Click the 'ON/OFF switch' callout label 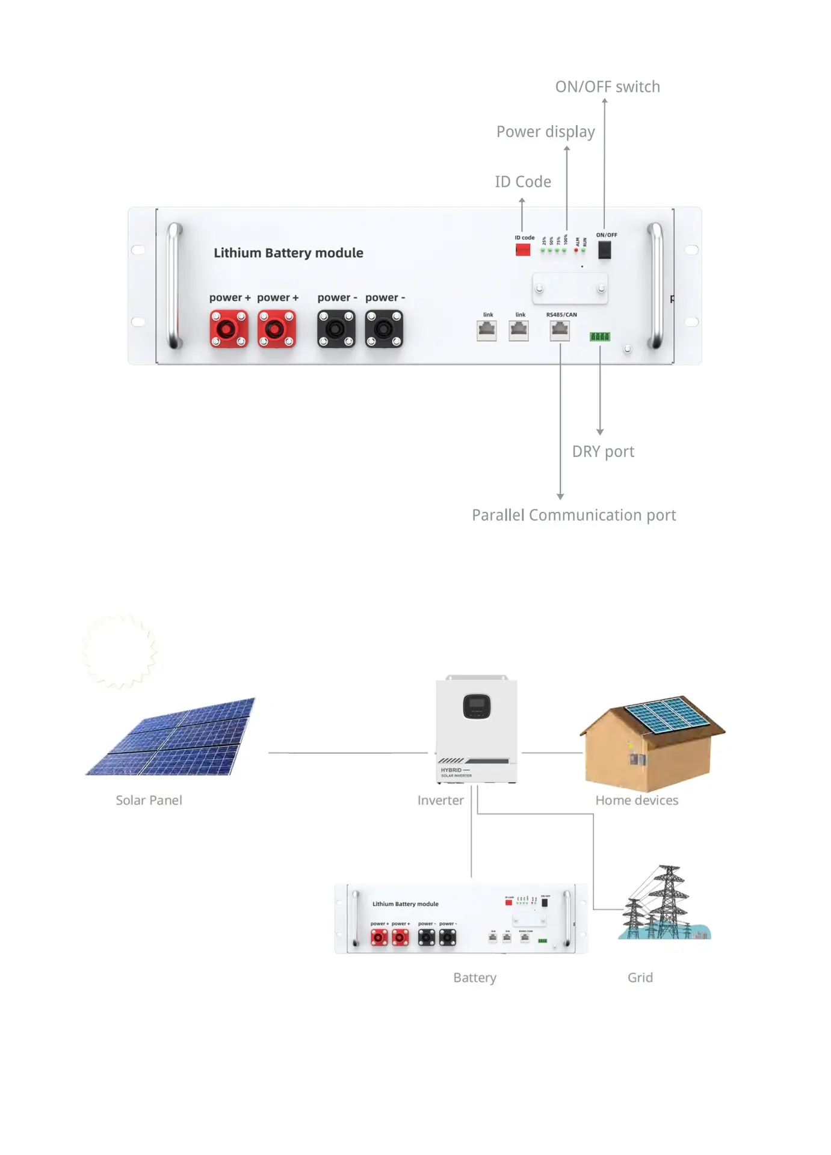(607, 87)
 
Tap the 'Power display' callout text (545, 132)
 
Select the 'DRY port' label (603, 452)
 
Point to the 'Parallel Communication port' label (573, 516)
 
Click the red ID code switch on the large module (523, 250)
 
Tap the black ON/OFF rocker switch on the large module (604, 250)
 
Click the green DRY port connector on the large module (600, 337)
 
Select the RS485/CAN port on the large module (560, 330)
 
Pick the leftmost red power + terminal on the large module (229, 329)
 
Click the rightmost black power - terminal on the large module (384, 329)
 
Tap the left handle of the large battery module (174, 286)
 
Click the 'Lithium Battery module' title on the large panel (288, 253)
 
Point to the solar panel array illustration (171, 738)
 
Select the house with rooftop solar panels (652, 742)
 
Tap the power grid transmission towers (662, 902)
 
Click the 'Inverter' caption (440, 801)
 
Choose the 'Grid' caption (640, 978)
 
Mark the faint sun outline (119, 651)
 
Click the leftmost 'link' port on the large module (487, 330)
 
